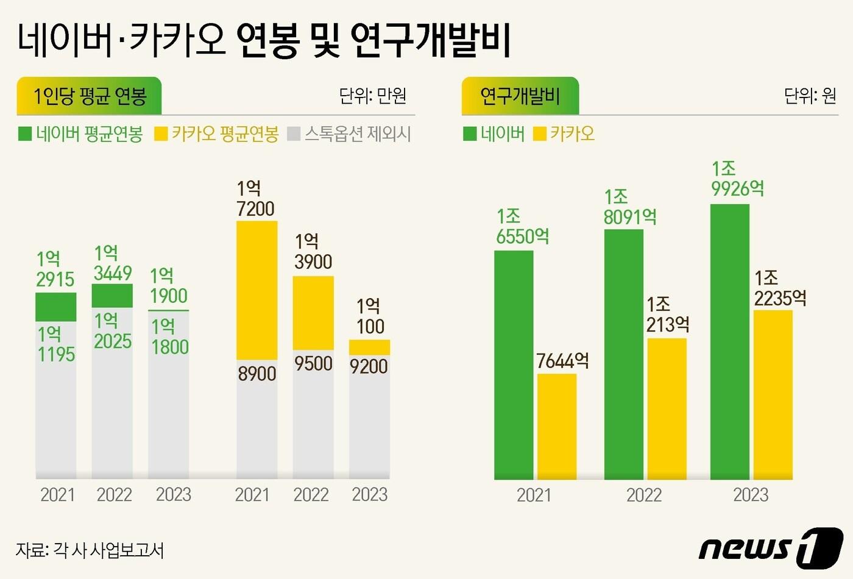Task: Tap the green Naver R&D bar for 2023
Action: coord(730,341)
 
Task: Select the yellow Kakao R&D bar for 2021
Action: coord(557,427)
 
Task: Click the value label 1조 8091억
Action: coord(629,207)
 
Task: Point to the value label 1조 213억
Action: coord(668,314)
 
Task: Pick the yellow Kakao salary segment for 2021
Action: coord(257,290)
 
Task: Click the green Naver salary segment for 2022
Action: coord(112,296)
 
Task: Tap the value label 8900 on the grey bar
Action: coord(257,374)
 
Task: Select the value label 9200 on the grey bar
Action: coord(369,366)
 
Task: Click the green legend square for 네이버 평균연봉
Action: coord(25,133)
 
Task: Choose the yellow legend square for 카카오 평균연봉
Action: coord(161,133)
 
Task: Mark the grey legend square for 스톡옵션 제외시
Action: coord(294,133)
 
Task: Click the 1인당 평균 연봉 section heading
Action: coord(90,96)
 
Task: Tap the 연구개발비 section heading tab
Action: coord(520,96)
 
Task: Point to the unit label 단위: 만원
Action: coord(372,96)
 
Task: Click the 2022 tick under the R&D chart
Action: coord(643,495)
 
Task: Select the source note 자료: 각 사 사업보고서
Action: coord(90,550)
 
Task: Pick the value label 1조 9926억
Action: coord(737,179)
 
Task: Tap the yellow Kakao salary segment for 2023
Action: coord(369,347)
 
